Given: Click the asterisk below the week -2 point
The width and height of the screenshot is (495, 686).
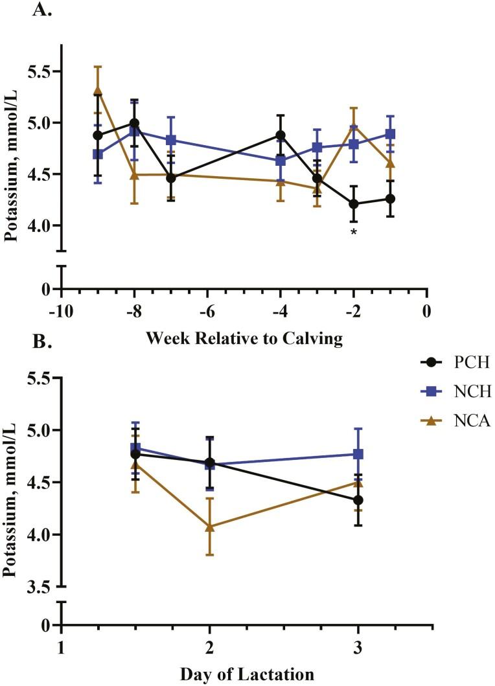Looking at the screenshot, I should point(354,231).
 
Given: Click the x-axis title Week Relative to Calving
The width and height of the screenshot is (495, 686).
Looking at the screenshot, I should point(244,337).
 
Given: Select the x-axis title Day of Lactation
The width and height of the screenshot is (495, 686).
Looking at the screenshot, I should point(246,674).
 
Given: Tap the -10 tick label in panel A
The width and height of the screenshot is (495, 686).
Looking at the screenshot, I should point(60,311).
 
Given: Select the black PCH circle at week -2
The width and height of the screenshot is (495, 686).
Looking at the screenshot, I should point(354,203).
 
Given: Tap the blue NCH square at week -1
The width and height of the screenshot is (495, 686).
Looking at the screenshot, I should point(391,134).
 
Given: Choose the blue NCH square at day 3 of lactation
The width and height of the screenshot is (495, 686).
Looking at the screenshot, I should point(358,454).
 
